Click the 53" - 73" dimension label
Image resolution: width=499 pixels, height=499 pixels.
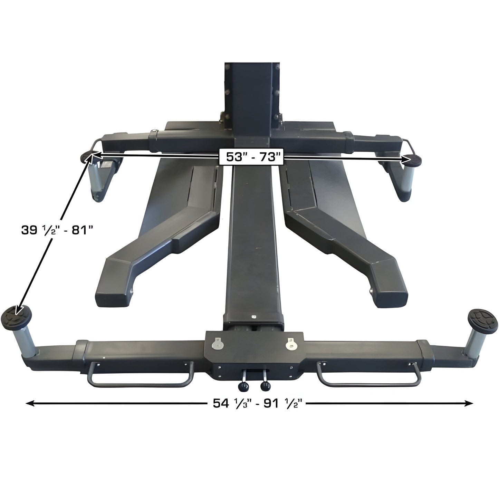click(x=251, y=157)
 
